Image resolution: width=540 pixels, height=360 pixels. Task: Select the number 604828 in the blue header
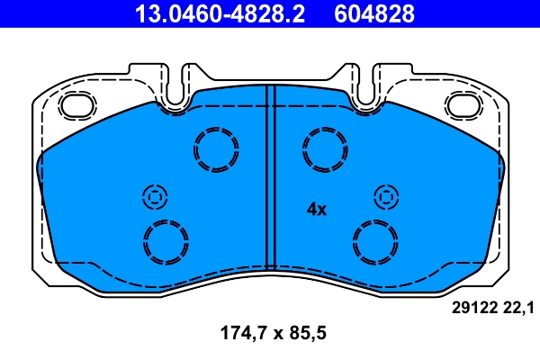click(x=375, y=13)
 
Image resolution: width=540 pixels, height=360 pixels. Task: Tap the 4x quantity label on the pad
click(x=316, y=209)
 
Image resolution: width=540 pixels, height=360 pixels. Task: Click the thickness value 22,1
click(x=519, y=309)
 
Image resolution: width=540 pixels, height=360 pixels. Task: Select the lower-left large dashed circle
click(x=166, y=241)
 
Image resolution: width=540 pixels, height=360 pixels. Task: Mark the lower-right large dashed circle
click(x=376, y=241)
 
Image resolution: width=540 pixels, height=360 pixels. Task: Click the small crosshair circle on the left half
click(x=154, y=196)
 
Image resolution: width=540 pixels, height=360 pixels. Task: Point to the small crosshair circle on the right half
click(x=387, y=196)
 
